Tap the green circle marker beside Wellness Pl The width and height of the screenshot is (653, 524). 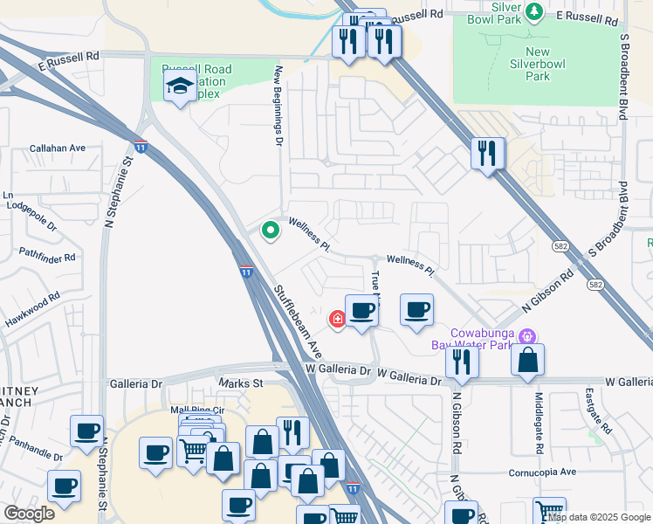271,231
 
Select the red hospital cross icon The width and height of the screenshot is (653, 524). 337,321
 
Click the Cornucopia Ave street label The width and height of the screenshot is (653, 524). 543,472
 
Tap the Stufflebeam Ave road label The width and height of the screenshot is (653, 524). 297,320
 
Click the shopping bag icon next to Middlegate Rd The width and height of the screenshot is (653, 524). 528,360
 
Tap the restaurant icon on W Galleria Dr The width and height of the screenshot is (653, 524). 461,362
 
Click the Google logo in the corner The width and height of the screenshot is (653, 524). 29,514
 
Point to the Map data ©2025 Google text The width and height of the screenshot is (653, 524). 598,517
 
